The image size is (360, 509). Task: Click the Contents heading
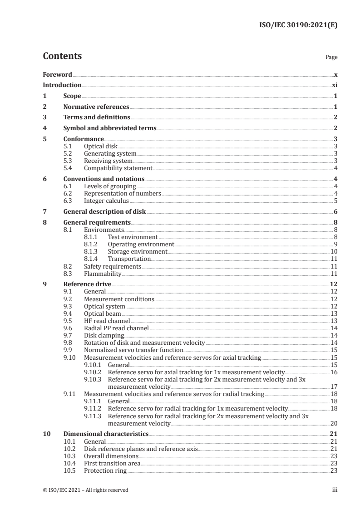[62, 57]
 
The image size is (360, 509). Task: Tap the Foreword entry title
[57, 74]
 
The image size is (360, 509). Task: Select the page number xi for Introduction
[335, 85]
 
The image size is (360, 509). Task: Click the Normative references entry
[96, 107]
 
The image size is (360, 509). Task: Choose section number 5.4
[69, 168]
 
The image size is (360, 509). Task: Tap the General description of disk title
[105, 212]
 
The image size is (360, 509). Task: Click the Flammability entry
[103, 274]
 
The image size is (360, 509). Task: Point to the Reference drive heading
[87, 284]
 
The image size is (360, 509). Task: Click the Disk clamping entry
[104, 335]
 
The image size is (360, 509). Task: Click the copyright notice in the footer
[85, 490]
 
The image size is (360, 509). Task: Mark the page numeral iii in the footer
[335, 490]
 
